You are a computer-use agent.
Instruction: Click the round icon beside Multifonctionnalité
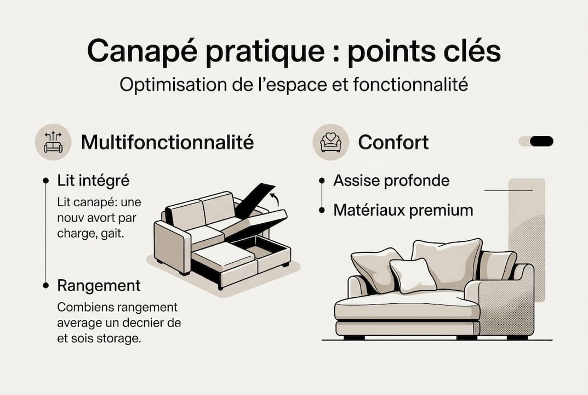tap(53, 142)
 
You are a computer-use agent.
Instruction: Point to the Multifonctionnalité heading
tap(167, 143)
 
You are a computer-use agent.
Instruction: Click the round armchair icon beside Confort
tap(331, 142)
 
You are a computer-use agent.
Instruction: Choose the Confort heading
tap(393, 143)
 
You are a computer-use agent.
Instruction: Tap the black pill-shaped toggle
tap(541, 142)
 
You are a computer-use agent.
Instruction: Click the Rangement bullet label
tap(99, 286)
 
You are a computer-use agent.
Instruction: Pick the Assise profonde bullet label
tap(391, 181)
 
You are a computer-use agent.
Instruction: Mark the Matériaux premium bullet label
tap(403, 210)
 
